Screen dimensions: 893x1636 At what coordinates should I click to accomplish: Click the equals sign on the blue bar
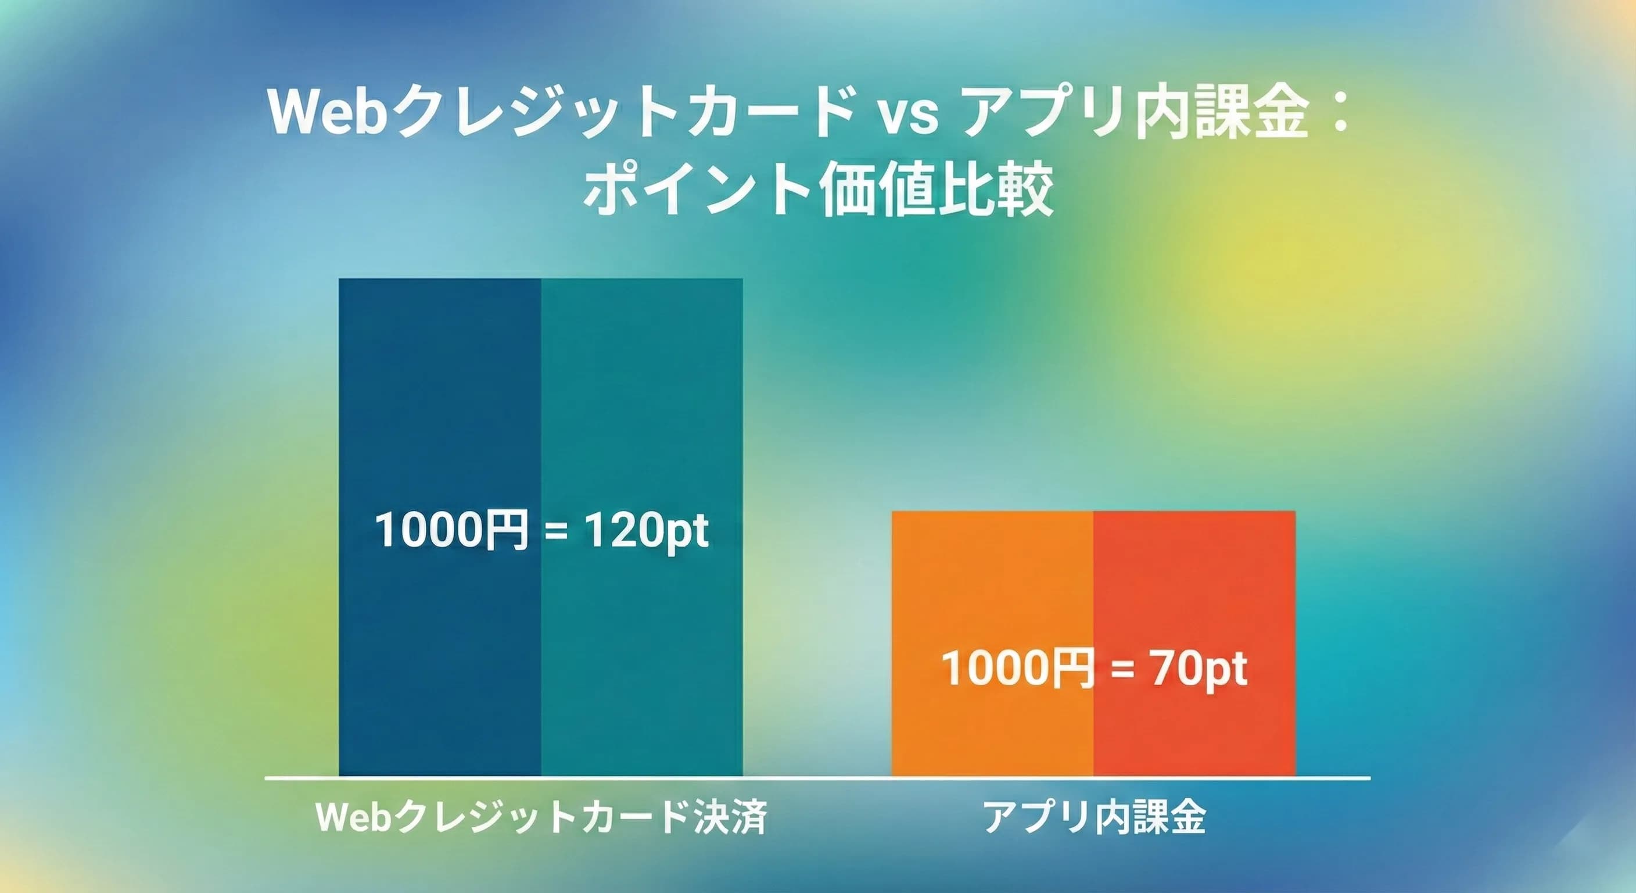(x=557, y=531)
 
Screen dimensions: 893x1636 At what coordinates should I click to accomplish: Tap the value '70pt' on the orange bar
(x=1198, y=668)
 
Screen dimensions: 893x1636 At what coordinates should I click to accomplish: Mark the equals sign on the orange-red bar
(x=1123, y=669)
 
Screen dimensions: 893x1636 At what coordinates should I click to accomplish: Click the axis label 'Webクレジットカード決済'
(x=541, y=817)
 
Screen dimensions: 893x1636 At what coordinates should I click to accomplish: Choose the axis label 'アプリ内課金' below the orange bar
(x=1093, y=817)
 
